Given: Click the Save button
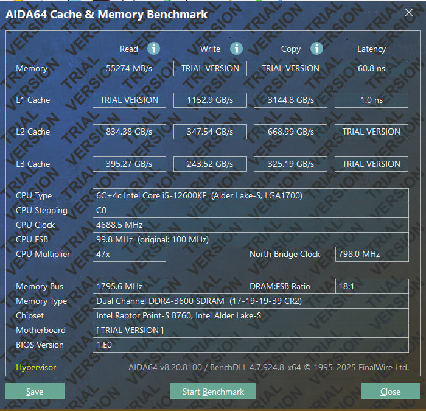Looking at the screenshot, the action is (35, 391).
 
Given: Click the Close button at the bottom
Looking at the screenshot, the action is (391, 391).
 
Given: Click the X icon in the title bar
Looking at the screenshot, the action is (408, 12).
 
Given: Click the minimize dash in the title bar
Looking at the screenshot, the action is (373, 12).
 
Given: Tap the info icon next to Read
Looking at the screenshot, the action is (153, 49).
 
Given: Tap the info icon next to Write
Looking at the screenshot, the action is (236, 49).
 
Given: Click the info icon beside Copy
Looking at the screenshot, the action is (317, 49).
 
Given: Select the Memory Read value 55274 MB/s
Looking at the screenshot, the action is (129, 68).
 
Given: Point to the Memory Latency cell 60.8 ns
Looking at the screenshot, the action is (371, 68).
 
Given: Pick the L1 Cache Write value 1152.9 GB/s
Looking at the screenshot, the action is (210, 100).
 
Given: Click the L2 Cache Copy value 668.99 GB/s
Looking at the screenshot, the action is (291, 132).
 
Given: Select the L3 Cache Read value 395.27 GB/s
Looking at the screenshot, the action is (129, 164).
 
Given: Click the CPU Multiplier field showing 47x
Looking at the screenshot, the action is (129, 254).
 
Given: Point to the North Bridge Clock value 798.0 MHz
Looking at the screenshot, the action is (372, 254).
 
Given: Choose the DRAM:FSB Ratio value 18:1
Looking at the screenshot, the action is (372, 286).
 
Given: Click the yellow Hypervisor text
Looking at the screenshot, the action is (36, 368).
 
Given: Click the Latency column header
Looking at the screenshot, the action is (371, 49).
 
